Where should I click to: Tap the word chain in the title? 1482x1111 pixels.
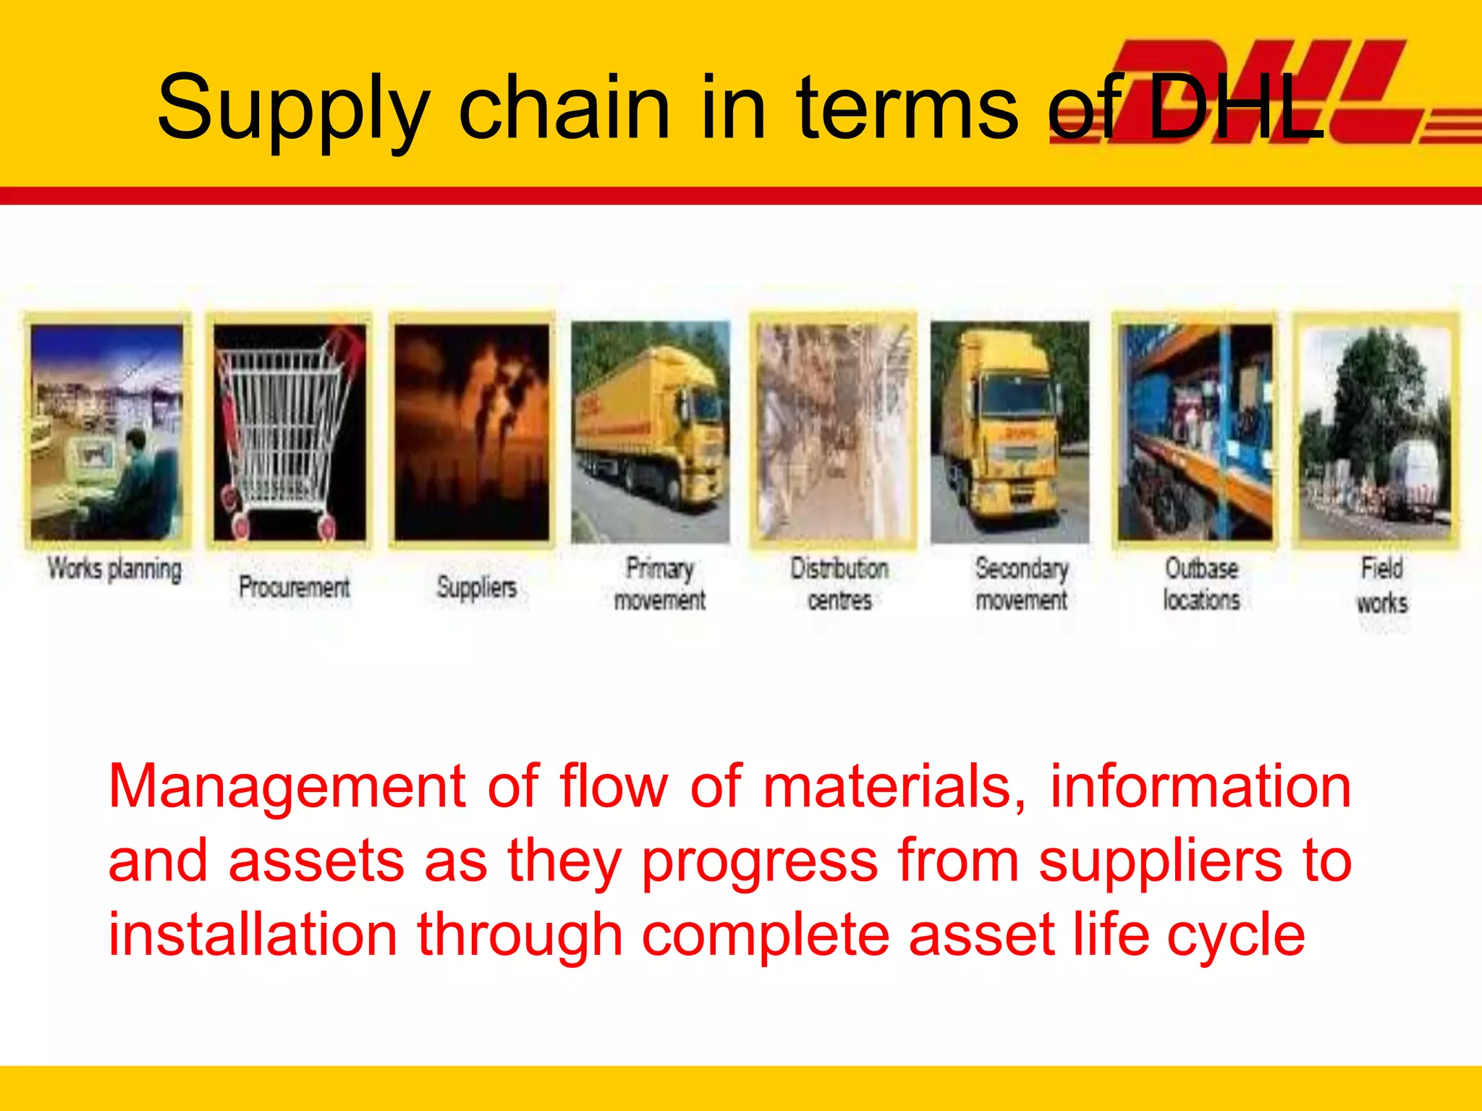click(x=564, y=108)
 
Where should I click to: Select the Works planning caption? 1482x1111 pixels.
click(x=114, y=569)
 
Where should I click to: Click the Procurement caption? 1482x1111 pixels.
click(x=294, y=587)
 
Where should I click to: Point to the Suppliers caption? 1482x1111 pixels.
click(x=476, y=587)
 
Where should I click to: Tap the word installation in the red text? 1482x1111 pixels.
click(x=253, y=935)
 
